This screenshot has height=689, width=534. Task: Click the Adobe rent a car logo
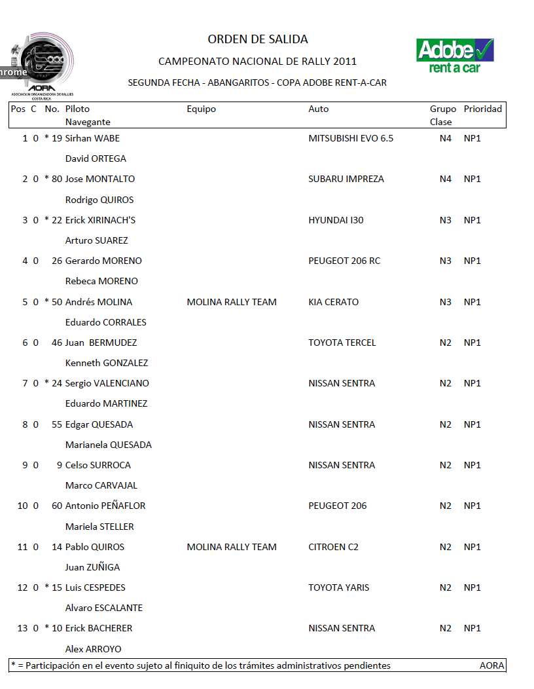(455, 55)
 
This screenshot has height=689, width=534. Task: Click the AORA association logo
(42, 66)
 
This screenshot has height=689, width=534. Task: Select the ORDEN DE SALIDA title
(258, 39)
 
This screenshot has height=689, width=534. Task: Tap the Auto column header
(319, 109)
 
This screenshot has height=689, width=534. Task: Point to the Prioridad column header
(483, 109)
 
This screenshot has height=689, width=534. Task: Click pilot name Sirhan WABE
(92, 138)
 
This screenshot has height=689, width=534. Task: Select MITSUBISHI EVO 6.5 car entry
(351, 138)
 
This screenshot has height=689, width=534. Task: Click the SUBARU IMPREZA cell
(346, 179)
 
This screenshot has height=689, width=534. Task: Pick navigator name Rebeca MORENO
(101, 281)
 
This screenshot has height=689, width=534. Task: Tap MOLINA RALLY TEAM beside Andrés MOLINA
(232, 302)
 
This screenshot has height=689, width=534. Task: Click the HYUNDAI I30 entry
(336, 220)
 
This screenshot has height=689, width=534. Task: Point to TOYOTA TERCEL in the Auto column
(342, 343)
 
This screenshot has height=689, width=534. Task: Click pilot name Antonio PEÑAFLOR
(105, 506)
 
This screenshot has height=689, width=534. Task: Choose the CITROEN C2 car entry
(334, 547)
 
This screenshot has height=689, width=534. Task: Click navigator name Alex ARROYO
(94, 649)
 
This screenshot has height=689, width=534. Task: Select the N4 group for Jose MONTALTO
(446, 179)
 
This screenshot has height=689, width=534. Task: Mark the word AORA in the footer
(492, 665)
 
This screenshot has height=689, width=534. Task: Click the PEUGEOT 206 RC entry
(344, 261)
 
